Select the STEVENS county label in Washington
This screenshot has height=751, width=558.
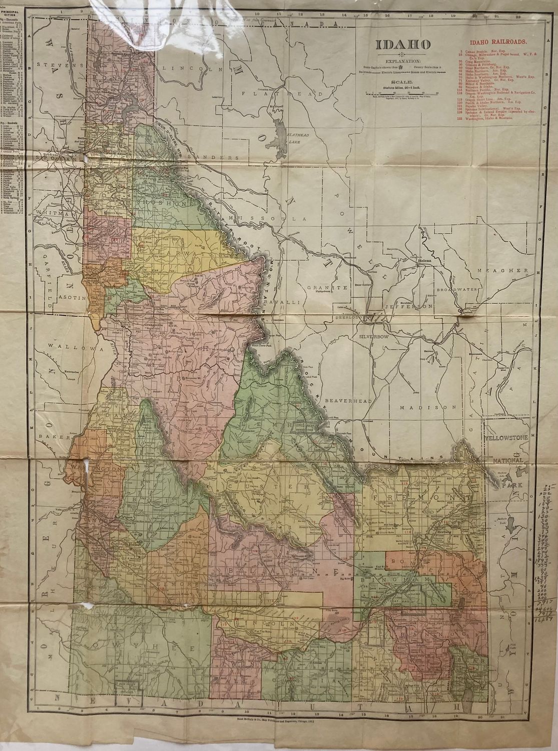[58, 65]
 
